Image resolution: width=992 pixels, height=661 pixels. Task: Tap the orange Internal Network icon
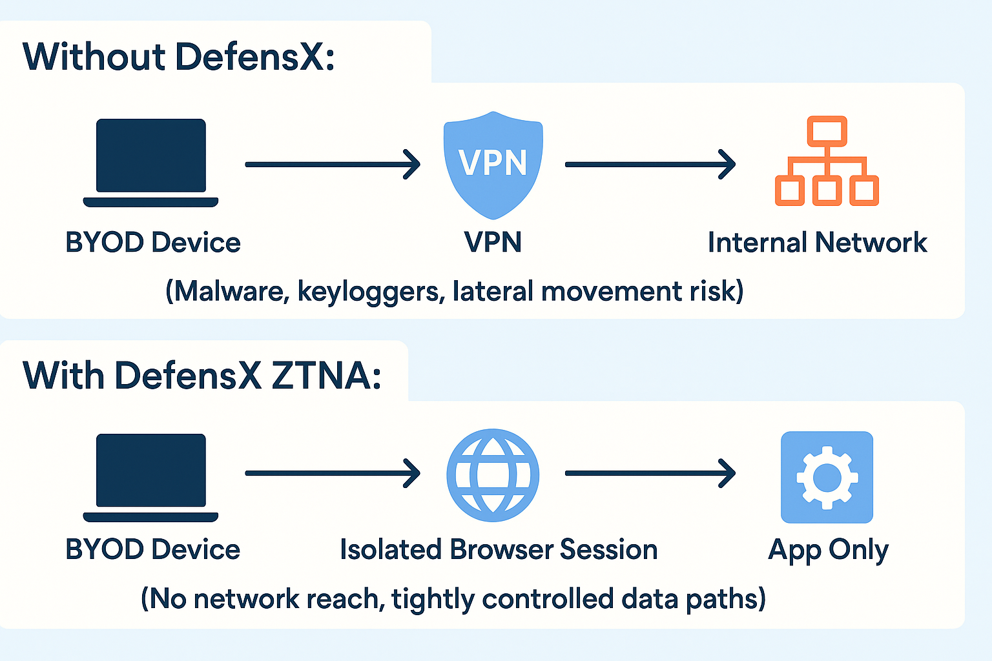827,161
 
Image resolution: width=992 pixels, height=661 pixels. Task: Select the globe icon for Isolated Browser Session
493,475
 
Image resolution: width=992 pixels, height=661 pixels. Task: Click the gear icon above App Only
827,477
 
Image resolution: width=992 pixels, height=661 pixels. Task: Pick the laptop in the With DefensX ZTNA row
150,477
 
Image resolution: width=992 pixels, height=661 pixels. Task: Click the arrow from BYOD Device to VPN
333,165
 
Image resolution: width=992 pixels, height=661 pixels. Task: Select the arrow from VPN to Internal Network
650,165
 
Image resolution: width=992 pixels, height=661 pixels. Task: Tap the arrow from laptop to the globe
333,473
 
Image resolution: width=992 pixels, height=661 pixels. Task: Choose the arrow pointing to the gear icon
650,473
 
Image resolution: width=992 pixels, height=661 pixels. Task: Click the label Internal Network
818,243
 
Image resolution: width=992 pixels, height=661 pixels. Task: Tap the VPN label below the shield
493,243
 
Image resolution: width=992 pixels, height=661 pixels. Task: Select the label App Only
828,550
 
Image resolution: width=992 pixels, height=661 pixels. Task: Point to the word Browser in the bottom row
501,550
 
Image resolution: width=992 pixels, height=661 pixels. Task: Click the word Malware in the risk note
229,291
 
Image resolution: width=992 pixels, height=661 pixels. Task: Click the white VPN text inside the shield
493,162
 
